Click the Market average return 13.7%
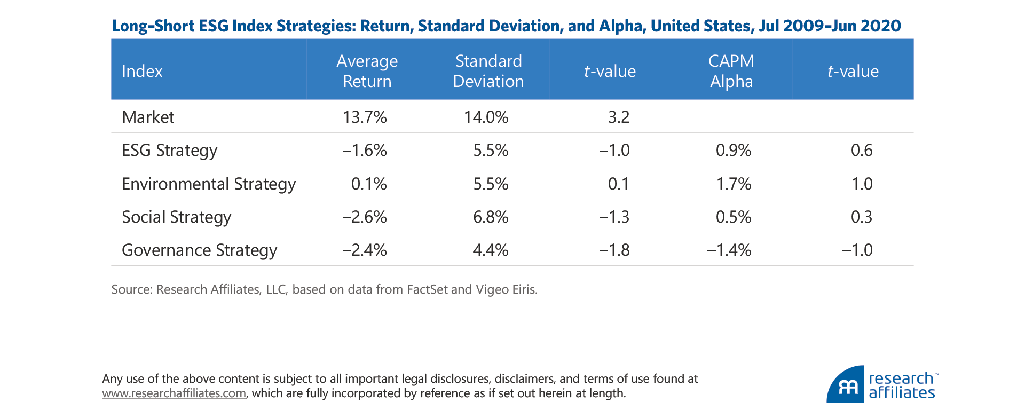[365, 117]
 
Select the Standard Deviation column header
[488, 71]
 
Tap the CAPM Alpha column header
[731, 71]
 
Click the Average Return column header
[367, 71]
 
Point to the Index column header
[142, 72]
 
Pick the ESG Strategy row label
[169, 151]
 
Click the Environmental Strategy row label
[208, 184]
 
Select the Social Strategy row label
[176, 217]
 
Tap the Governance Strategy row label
[199, 250]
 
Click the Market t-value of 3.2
[619, 117]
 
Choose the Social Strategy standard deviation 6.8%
[490, 217]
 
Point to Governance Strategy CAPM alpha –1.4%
[729, 250]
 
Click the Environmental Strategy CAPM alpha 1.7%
[734, 184]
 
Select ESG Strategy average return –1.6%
[365, 151]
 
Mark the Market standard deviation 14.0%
[486, 117]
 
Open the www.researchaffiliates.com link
[174, 393]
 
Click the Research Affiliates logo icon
[845, 385]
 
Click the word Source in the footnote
[131, 289]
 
